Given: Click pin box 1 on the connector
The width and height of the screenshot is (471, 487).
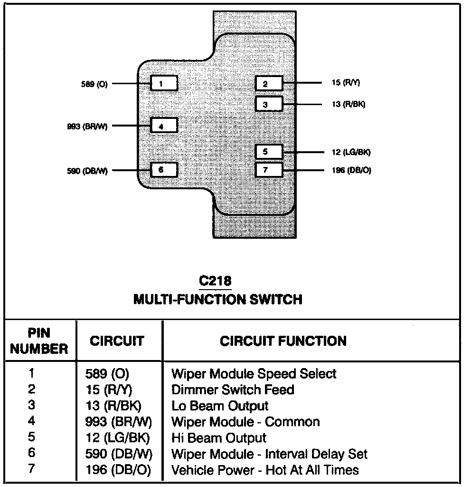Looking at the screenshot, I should click(x=164, y=84).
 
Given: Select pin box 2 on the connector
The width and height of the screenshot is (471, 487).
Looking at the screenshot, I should click(x=269, y=84).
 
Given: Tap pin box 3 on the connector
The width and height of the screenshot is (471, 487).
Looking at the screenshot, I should click(x=269, y=104).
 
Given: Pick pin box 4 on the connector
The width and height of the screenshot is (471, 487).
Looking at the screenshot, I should click(x=164, y=126).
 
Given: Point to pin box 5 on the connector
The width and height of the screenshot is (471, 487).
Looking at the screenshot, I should click(x=269, y=152).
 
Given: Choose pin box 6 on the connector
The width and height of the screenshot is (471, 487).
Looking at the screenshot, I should click(x=164, y=169).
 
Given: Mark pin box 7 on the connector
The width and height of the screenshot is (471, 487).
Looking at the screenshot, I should click(x=269, y=170).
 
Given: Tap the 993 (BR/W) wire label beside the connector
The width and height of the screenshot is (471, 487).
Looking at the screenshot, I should click(x=87, y=127).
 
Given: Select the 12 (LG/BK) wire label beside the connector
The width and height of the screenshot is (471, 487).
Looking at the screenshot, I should click(x=351, y=152).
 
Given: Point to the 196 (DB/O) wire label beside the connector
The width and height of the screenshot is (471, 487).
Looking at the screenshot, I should click(x=351, y=170).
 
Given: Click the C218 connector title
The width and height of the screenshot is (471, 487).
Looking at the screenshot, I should click(x=216, y=281).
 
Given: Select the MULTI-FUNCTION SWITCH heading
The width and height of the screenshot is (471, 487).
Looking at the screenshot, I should click(x=218, y=299).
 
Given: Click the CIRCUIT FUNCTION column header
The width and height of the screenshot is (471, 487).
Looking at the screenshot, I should click(x=283, y=341).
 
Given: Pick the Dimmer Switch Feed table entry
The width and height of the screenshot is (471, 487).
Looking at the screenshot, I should click(x=233, y=390).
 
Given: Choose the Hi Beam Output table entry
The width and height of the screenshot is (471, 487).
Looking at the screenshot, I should click(x=219, y=438).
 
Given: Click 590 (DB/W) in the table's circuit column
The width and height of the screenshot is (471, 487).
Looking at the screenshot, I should click(x=119, y=454).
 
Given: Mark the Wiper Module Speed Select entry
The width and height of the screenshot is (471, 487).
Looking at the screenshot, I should click(x=254, y=373).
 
